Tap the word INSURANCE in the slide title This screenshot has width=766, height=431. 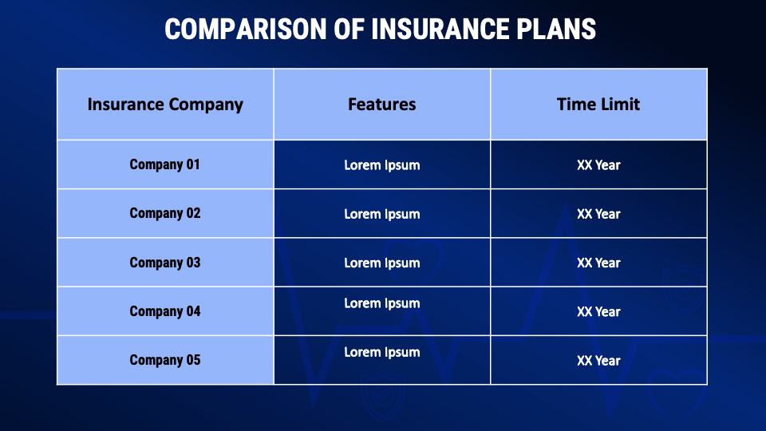coord(438,30)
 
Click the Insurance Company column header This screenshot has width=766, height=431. coord(165,105)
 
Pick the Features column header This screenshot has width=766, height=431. coord(382,105)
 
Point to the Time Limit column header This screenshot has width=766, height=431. coord(598,105)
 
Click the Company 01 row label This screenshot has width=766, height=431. coord(165,165)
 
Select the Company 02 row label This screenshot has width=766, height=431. coord(165,214)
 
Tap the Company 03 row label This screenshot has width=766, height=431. coord(165,263)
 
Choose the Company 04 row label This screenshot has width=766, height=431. coord(165,311)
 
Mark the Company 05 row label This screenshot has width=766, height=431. coord(165,360)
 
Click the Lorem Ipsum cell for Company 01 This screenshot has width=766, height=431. coord(382,165)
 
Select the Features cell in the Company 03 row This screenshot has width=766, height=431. coord(382,263)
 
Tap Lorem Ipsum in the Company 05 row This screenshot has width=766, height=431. coord(382,352)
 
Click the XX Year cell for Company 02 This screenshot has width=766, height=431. coord(598,214)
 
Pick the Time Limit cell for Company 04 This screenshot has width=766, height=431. coord(598,311)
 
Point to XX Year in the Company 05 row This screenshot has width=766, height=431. coord(598,360)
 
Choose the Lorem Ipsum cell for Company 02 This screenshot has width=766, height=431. coord(382,214)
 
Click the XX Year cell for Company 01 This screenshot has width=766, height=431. coord(598,165)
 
